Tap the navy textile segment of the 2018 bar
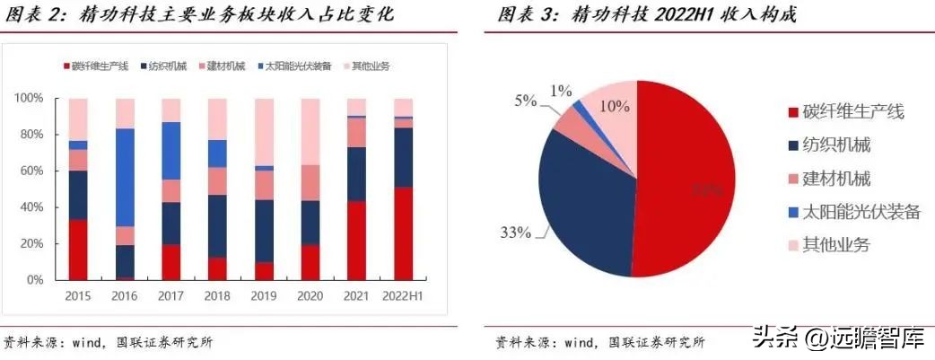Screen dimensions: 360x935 coord(217,226)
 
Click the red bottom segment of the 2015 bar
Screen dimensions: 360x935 coord(78,250)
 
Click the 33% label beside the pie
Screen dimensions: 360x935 coord(516,233)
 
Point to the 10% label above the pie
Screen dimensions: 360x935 coord(615,105)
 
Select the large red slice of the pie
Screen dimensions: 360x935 coord(691,189)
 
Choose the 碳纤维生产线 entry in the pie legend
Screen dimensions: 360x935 coord(853,111)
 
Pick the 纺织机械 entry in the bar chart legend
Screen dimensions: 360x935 coord(167,66)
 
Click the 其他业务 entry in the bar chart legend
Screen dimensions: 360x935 coord(371,66)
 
